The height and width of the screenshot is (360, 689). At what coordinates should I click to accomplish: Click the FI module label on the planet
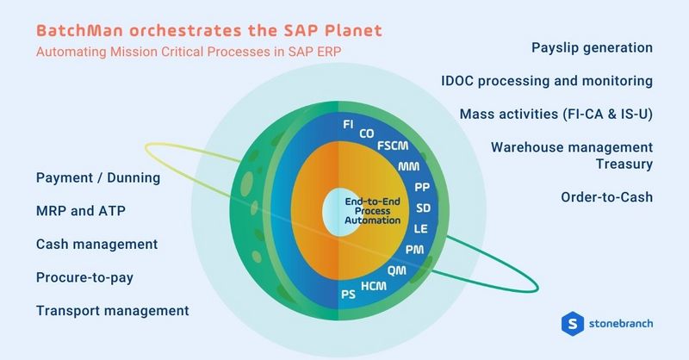[348, 125]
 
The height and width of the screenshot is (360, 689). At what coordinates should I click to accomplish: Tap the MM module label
[409, 165]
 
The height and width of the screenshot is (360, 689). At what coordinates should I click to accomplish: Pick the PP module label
[422, 187]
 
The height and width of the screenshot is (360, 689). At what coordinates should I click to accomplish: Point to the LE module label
[422, 228]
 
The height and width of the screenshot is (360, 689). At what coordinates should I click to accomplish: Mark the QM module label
[397, 270]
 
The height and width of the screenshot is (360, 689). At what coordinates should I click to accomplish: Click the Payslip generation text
[592, 47]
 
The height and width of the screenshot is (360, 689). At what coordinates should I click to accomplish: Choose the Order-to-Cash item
[606, 197]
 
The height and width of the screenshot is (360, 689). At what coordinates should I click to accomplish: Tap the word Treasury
[624, 163]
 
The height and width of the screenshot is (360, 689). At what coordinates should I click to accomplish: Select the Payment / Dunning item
[98, 178]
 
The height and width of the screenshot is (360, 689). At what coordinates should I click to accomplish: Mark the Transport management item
[112, 310]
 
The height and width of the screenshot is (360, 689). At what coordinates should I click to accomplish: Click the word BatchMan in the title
[77, 30]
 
